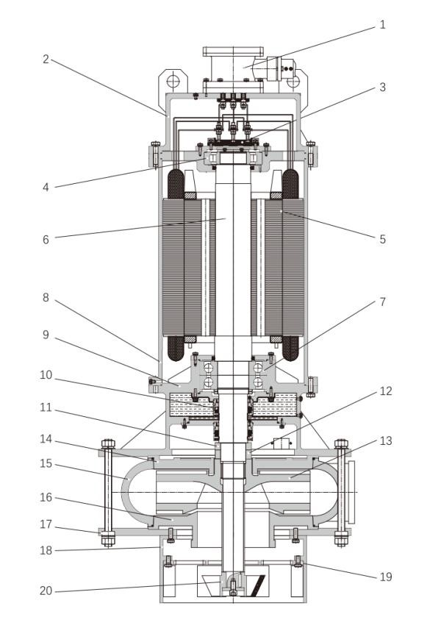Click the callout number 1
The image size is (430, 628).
click(x=382, y=25)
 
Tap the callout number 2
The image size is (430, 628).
click(x=46, y=60)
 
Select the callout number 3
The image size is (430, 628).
click(x=382, y=88)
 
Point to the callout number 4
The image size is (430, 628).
click(x=46, y=187)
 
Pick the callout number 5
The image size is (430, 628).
click(x=382, y=239)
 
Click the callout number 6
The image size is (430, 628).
click(x=46, y=240)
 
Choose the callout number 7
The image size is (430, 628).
click(x=382, y=301)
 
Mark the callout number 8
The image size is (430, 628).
click(x=46, y=298)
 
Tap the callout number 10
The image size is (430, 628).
click(x=46, y=375)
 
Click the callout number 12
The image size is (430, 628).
click(x=386, y=391)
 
